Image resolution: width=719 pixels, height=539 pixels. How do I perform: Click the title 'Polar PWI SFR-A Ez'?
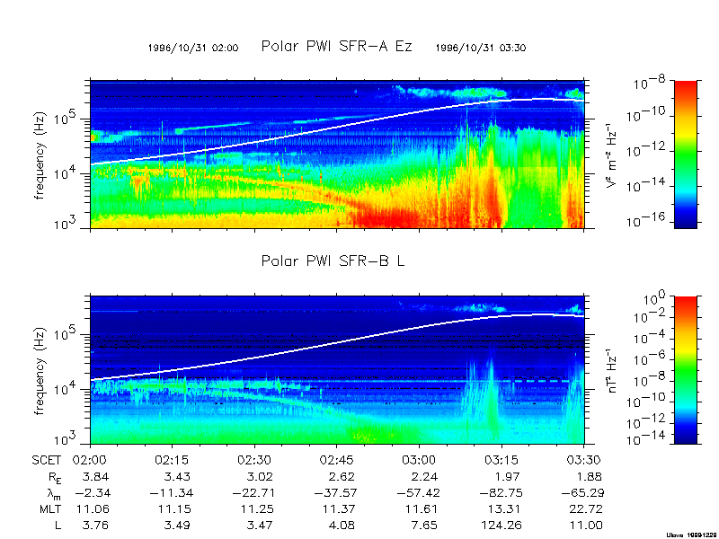pyautogui.click(x=336, y=46)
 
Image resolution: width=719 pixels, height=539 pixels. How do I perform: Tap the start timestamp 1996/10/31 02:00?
pyautogui.click(x=193, y=49)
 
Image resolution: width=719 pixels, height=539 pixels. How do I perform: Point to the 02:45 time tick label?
pyautogui.click(x=338, y=457)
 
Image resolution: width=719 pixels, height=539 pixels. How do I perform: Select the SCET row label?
pyautogui.click(x=46, y=457)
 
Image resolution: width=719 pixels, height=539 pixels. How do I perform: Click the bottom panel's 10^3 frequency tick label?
pyautogui.click(x=73, y=439)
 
